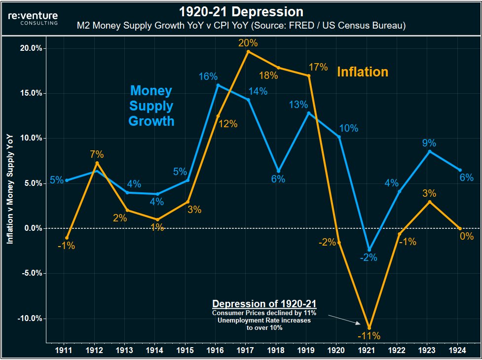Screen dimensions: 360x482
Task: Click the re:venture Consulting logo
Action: click(33, 18)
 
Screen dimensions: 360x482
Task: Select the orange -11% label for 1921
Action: click(369, 336)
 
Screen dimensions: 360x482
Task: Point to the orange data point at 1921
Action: click(369, 327)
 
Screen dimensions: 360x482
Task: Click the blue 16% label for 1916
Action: click(208, 77)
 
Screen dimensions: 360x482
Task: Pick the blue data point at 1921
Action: click(369, 250)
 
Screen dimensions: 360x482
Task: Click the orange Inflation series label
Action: click(362, 72)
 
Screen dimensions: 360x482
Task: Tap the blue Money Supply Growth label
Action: click(151, 106)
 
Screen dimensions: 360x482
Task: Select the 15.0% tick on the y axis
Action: click(30, 93)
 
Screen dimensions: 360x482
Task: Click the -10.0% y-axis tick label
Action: click(29, 318)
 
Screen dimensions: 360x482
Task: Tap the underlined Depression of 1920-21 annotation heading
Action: click(264, 304)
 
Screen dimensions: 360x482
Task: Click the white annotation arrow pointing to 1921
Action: click(345, 319)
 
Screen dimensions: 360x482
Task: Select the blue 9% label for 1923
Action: click(429, 143)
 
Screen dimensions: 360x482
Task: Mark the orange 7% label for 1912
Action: click(97, 154)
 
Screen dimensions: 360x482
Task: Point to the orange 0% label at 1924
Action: click(466, 236)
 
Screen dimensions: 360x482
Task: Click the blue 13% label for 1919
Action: click(298, 105)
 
